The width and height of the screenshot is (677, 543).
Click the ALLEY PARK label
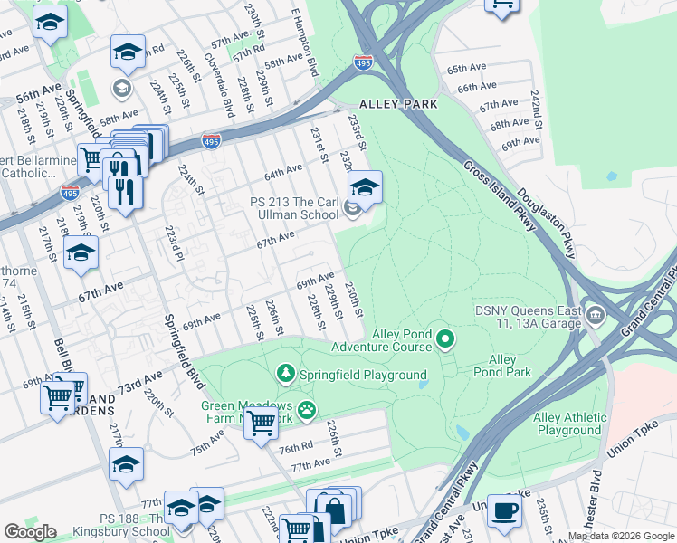click(x=398, y=104)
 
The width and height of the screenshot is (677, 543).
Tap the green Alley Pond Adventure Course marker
click(x=444, y=339)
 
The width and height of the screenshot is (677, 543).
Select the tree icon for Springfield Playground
click(x=286, y=373)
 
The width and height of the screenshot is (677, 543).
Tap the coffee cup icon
click(x=504, y=510)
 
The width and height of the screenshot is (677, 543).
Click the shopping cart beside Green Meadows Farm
click(x=261, y=421)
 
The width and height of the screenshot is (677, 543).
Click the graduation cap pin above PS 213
click(x=365, y=187)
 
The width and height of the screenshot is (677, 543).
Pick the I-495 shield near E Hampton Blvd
click(x=362, y=62)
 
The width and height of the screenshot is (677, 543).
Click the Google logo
click(x=30, y=531)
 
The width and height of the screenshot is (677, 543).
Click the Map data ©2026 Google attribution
click(x=622, y=536)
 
